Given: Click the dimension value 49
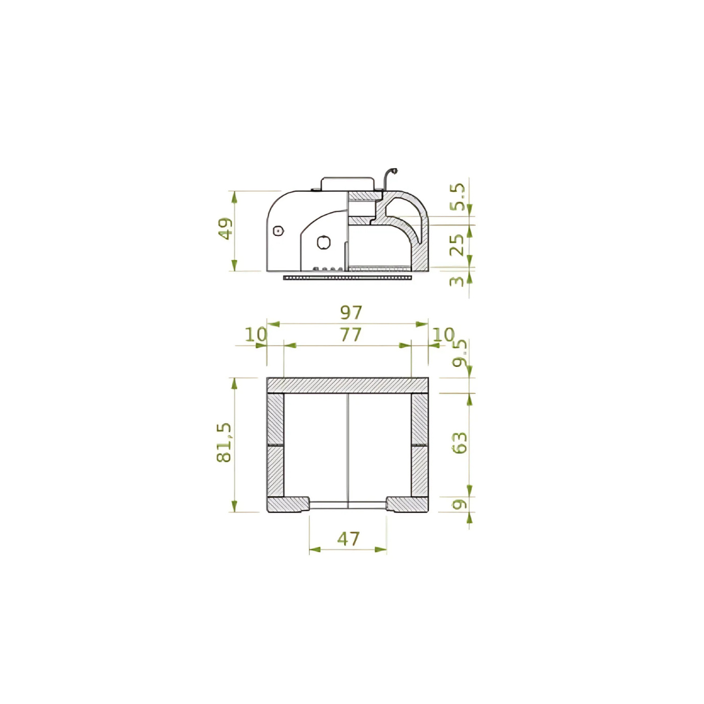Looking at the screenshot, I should coord(226,229).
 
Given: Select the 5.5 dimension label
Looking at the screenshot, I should coord(459,196).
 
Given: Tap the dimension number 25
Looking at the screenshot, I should coord(459,244).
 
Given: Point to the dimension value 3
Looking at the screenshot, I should coord(459,281).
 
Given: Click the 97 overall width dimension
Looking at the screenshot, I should coord(351,313).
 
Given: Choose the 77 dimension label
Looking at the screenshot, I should coord(350,335).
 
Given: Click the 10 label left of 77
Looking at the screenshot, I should coord(256,334).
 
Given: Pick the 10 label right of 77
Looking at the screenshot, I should coord(443,334).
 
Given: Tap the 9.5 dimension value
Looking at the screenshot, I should coord(460,353).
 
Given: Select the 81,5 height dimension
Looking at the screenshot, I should coord(225,443).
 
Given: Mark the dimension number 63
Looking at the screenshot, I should coord(460,443).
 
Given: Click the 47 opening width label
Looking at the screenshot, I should coord(348,539).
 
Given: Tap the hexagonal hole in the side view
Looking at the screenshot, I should coord(323,242).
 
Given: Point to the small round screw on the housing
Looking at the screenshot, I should coord(278,230).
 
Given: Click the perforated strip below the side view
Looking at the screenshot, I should coord(347,277).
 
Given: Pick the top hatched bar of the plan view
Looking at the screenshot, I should coord(347,385).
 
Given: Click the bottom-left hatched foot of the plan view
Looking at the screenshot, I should coord(287,504).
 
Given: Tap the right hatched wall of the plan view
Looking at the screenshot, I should coord(420,445).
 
